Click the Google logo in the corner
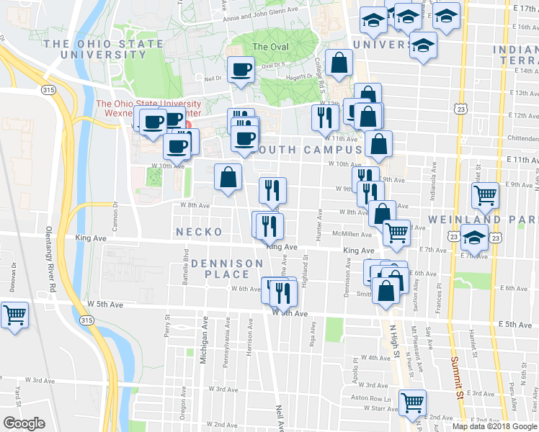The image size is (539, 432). [x=24, y=423]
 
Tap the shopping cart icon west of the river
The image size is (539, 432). [x=14, y=315]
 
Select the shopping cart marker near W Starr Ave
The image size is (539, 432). [x=412, y=403]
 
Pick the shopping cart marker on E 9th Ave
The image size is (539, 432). [x=485, y=195]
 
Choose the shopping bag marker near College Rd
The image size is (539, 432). [x=339, y=63]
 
